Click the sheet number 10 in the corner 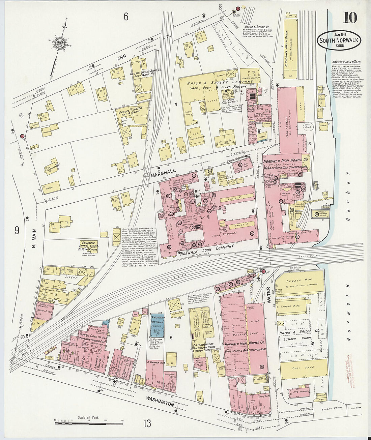[x=350, y=17]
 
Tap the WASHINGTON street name [x=160, y=401]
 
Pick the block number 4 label [x=176, y=104]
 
